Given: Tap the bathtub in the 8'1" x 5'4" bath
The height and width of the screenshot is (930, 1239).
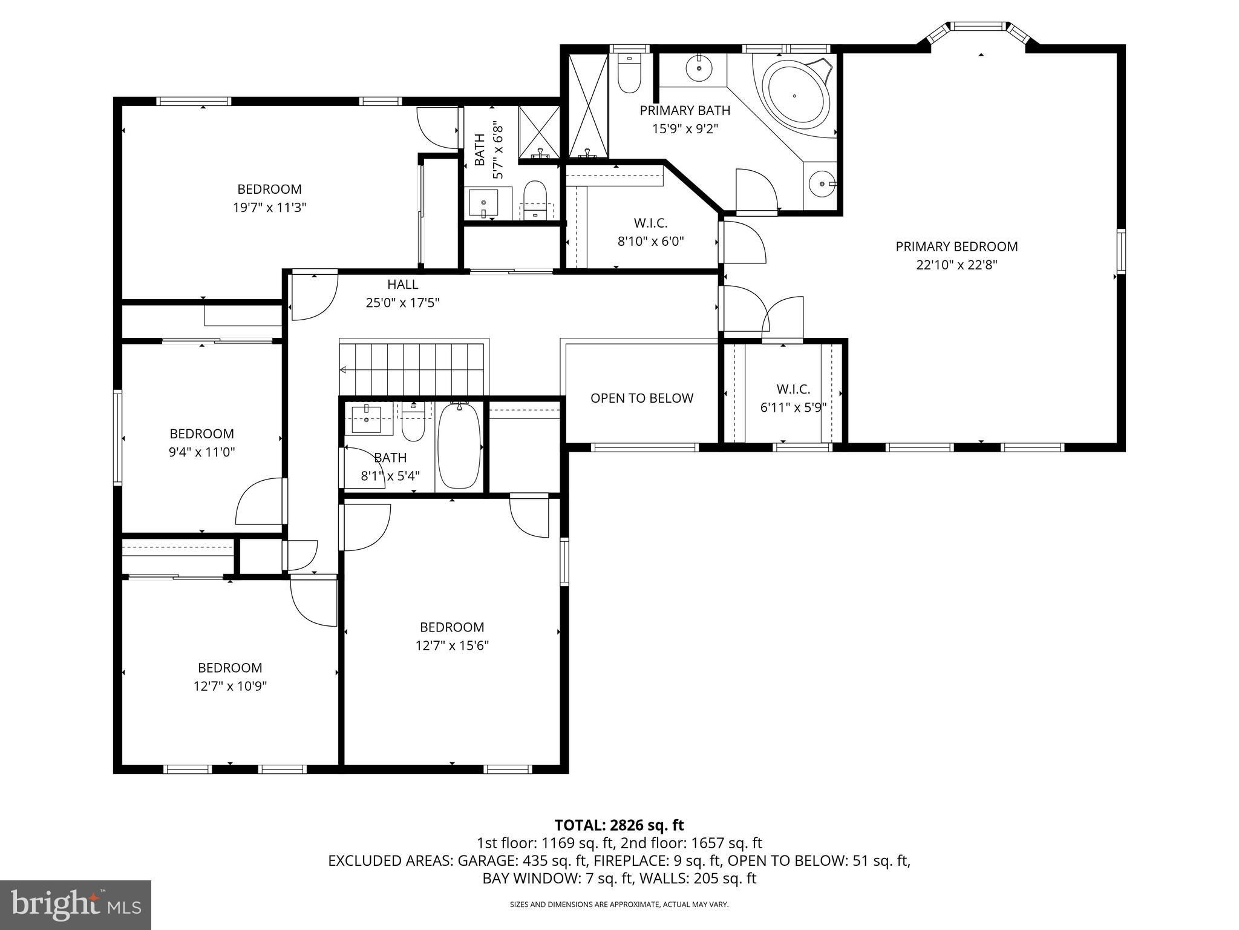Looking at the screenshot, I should pos(459,446).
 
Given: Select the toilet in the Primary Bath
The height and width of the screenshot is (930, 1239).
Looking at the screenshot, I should pos(629,76).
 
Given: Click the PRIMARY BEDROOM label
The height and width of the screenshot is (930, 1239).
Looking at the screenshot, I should pos(956,246).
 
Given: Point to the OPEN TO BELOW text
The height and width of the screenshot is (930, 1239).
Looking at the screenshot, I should pos(641,398).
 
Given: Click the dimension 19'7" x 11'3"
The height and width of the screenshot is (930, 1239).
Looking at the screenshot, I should pos(269,208).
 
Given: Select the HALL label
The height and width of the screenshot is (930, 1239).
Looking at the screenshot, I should pos(402,285).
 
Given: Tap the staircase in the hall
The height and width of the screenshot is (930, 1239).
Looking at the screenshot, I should pos(413,368).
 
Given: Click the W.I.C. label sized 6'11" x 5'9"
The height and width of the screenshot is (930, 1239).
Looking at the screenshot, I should pos(793,389).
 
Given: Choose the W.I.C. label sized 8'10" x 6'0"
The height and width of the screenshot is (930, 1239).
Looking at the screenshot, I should pos(650,223).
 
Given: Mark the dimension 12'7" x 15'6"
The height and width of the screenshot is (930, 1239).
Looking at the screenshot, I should pos(452,645).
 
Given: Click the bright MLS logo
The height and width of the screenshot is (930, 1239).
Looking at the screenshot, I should pos(76,905).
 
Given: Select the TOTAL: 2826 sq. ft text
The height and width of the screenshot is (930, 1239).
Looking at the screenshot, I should pos(619,825).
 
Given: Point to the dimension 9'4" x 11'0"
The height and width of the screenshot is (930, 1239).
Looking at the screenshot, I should pos(201,452).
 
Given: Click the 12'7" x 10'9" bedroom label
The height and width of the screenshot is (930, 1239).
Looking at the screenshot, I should pos(230,668).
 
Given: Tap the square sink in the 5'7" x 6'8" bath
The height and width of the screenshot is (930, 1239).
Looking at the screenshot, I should pos(484,203).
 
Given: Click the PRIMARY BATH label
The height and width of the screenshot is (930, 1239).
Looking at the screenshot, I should pos(685,111).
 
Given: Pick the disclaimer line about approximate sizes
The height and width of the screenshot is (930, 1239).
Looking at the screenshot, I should pos(619,905).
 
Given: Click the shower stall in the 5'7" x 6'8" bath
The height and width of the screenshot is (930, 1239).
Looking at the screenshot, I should pos(539,132).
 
